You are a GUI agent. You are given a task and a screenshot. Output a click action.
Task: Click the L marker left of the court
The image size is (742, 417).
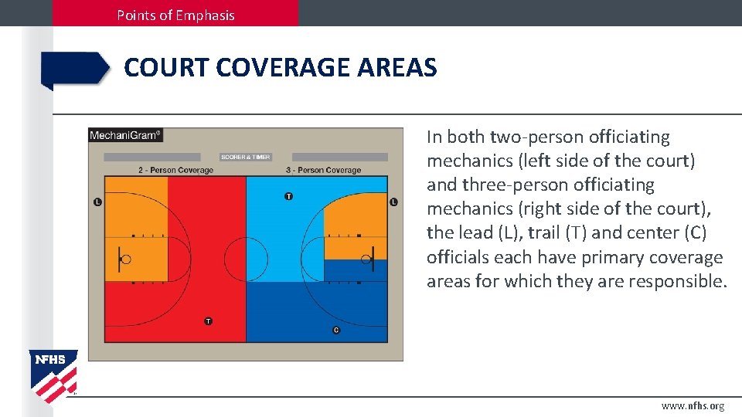[x=97, y=202]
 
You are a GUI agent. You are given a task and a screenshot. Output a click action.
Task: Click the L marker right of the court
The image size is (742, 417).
[x=393, y=202]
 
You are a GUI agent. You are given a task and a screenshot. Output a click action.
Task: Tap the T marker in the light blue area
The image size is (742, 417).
[x=288, y=196]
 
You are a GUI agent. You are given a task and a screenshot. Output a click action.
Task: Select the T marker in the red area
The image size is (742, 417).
[x=208, y=320]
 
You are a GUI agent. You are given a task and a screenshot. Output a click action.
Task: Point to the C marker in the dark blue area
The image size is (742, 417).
[x=335, y=330]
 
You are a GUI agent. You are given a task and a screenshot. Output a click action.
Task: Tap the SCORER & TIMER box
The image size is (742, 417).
[x=245, y=157]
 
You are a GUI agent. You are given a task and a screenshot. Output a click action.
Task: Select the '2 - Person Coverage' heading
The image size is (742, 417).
[x=175, y=170]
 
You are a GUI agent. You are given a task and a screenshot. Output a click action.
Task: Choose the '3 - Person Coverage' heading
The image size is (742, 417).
[x=323, y=170]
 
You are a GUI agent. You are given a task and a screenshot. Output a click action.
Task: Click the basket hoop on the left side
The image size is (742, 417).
[x=126, y=260]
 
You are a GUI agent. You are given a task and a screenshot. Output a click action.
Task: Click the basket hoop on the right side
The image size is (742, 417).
[x=365, y=260]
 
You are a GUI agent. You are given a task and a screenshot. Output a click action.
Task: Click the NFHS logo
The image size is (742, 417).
[x=53, y=375]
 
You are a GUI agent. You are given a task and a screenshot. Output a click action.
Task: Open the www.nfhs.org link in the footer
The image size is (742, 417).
[x=693, y=406]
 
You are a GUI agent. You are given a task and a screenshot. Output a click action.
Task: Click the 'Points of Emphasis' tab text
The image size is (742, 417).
[x=175, y=15]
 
